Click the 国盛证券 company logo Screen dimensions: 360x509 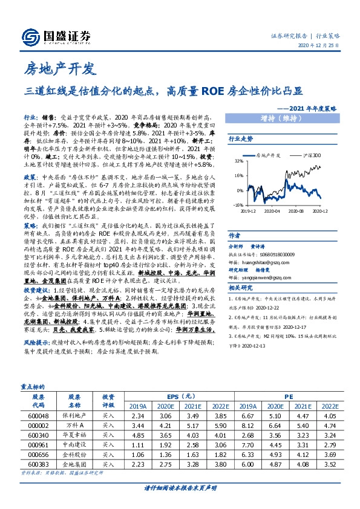pyautogui.click(x=57, y=35)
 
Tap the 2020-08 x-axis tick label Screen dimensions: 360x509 pyautogui.click(x=296, y=212)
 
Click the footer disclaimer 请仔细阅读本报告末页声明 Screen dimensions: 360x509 pyautogui.click(x=180, y=488)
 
